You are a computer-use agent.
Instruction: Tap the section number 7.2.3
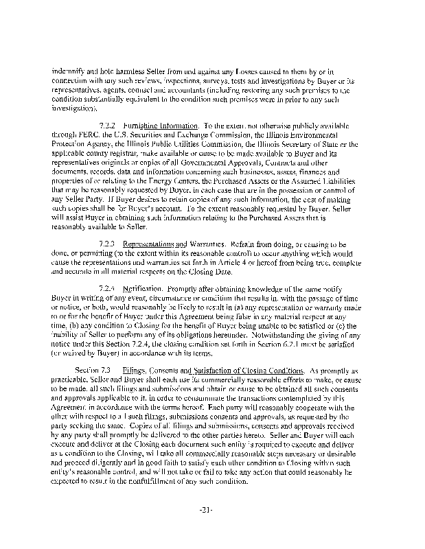[x=108, y=244]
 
